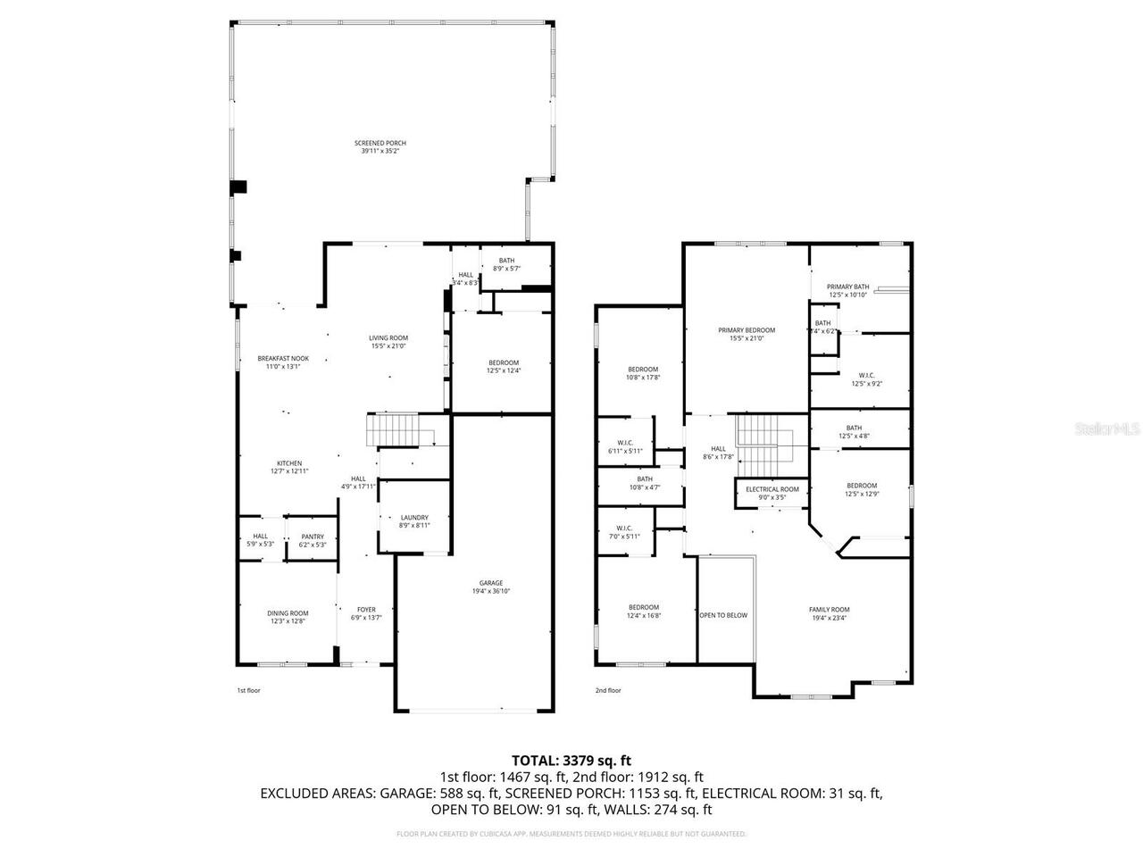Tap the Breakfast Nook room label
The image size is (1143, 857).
[283, 358]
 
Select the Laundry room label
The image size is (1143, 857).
[414, 517]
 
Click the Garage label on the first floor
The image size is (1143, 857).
[490, 582]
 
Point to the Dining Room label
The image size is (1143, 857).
[288, 613]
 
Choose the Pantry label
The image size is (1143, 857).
[312, 537]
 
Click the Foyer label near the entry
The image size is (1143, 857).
[366, 610]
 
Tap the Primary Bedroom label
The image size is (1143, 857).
[747, 330]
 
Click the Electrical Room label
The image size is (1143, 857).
[772, 489]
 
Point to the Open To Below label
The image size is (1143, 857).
[723, 615]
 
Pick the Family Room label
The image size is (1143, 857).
[830, 610]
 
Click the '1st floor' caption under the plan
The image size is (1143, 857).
[248, 690]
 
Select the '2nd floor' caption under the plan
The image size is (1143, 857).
[607, 690]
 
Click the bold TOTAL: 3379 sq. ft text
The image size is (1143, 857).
[571, 761]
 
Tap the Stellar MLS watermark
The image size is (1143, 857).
[1106, 428]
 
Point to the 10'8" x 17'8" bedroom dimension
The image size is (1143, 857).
[643, 378]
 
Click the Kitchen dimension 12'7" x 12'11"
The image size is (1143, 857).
[289, 471]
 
